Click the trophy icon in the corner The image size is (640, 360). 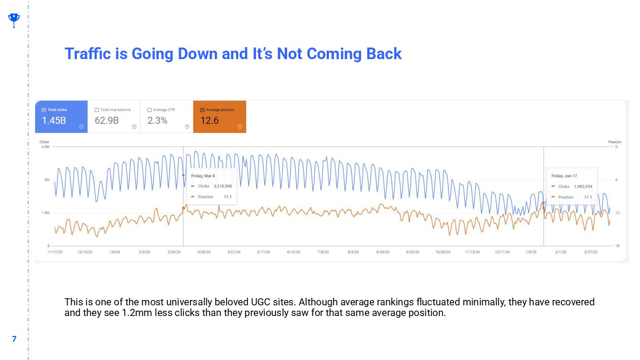14,20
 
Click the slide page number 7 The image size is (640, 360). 14,339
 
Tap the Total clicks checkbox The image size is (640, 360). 44,110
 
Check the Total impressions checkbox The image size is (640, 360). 96,110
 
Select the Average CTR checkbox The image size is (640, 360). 149,110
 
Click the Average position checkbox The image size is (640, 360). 202,110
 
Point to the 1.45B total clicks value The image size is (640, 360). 54,120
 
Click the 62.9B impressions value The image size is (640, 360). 107,120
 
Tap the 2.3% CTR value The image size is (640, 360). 157,120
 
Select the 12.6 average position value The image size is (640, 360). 209,120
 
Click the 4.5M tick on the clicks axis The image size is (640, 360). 45,147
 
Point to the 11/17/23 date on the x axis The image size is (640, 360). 55,252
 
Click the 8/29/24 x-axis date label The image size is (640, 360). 383,252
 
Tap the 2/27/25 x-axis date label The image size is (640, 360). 591,252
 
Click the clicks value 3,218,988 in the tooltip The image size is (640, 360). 223,186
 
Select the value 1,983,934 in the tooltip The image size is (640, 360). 583,187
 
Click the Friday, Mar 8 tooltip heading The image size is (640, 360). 203,176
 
